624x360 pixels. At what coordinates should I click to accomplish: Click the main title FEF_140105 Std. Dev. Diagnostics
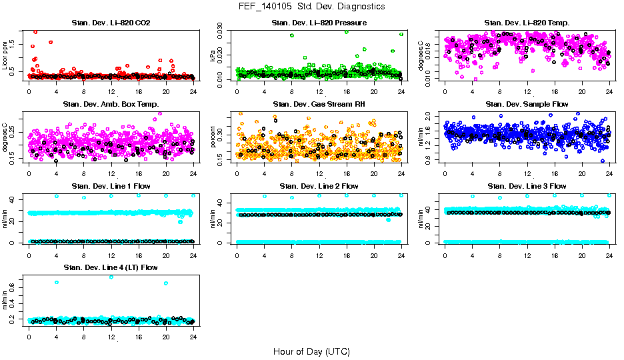pos(311,7)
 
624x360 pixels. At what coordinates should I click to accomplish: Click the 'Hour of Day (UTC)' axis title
pos(311,351)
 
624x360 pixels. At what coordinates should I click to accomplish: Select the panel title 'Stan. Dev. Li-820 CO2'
pos(111,23)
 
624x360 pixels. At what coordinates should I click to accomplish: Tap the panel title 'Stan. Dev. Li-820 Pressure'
pos(319,23)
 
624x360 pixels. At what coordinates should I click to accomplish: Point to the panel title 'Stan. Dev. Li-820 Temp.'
pos(527,23)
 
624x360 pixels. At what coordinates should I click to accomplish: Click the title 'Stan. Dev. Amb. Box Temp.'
pos(111,105)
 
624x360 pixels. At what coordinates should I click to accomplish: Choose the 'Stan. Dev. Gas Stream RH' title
pos(319,105)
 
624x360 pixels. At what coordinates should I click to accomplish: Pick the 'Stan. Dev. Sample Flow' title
pos(527,105)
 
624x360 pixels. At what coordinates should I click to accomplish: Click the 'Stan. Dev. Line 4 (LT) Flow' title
pos(111,267)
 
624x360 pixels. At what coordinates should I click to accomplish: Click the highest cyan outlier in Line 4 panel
pos(111,277)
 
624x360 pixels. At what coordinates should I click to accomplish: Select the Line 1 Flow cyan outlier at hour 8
pos(84,197)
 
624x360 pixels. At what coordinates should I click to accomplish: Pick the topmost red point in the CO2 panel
pos(35,32)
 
